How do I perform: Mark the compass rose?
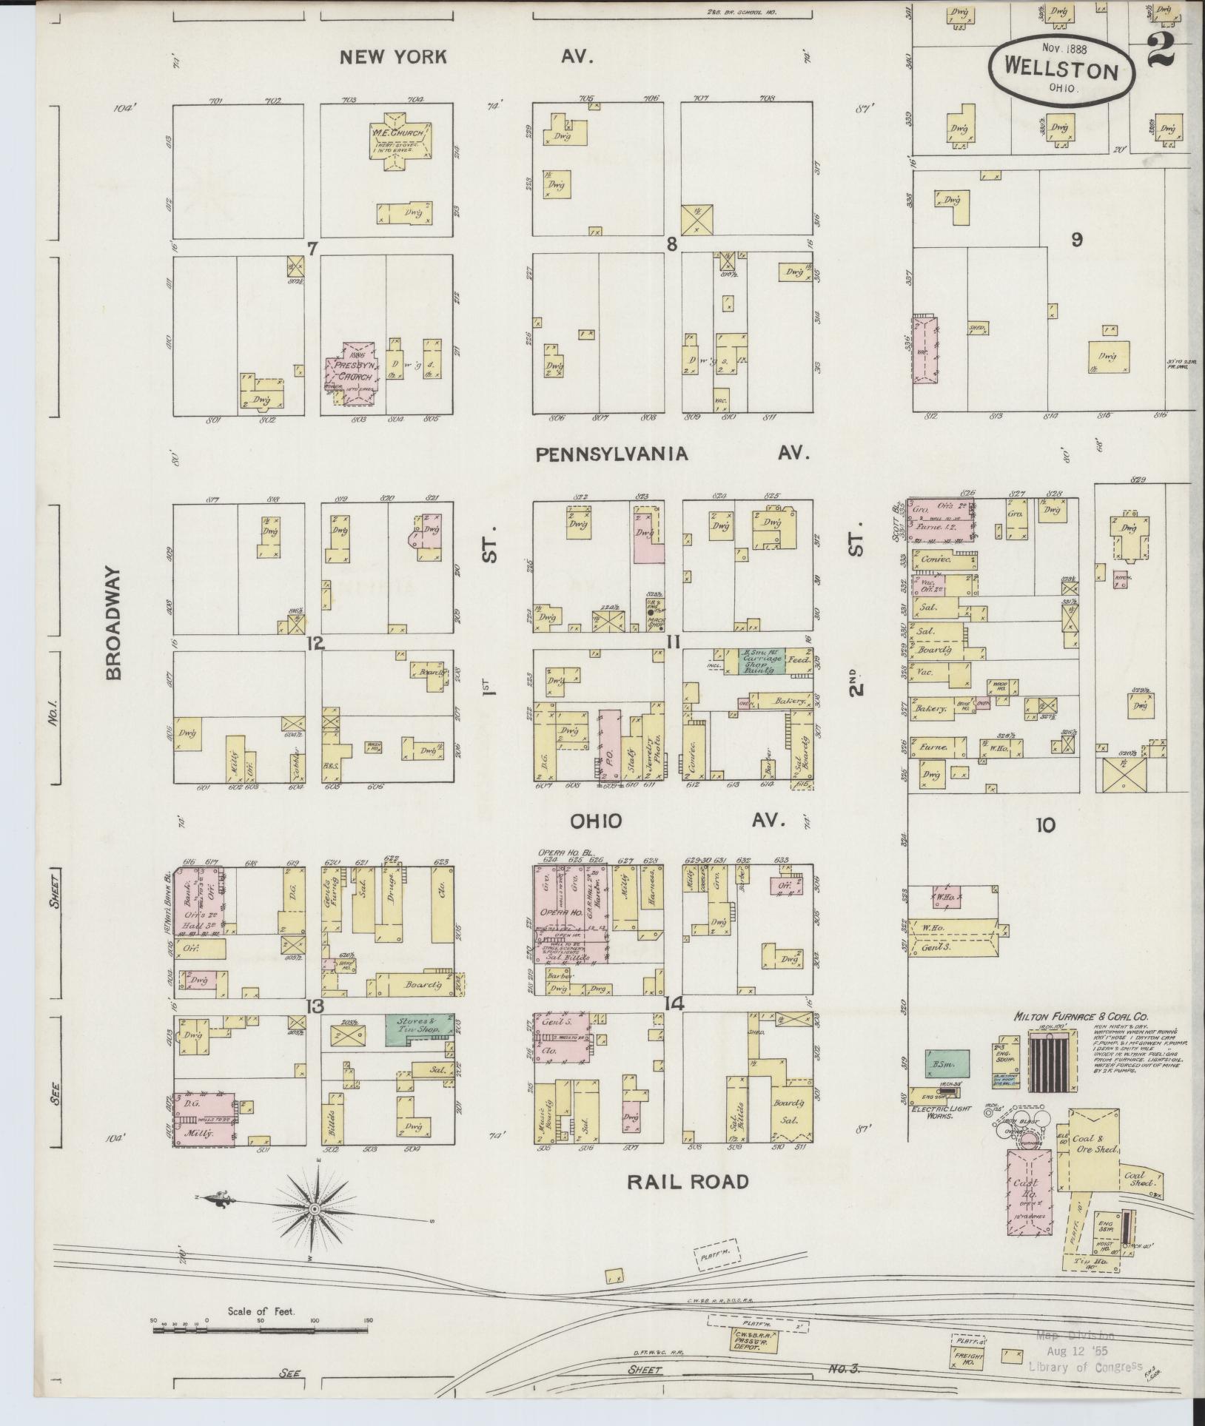[x=314, y=1208]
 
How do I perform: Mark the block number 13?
[x=315, y=1006]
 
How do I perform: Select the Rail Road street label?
[x=688, y=1182]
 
